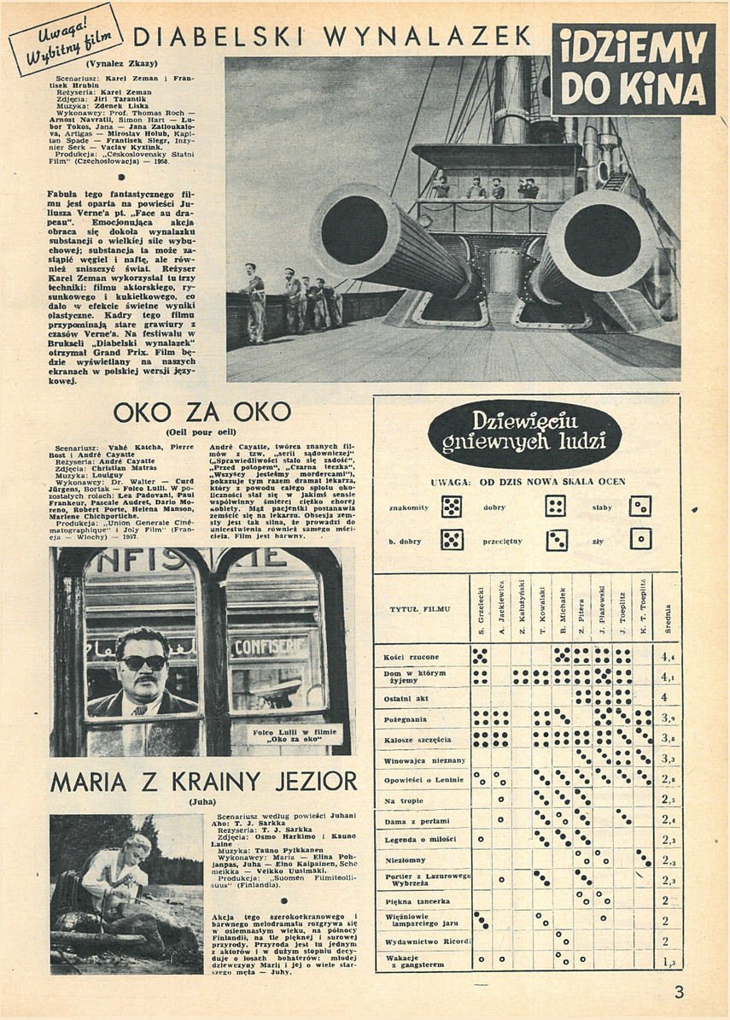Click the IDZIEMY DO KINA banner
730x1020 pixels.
[633, 68]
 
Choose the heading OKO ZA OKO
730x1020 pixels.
[201, 413]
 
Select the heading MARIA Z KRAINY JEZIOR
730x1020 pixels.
[203, 780]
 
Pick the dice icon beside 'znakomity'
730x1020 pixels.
[452, 507]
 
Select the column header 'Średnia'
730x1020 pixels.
[668, 617]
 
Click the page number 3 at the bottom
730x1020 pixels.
[679, 993]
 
